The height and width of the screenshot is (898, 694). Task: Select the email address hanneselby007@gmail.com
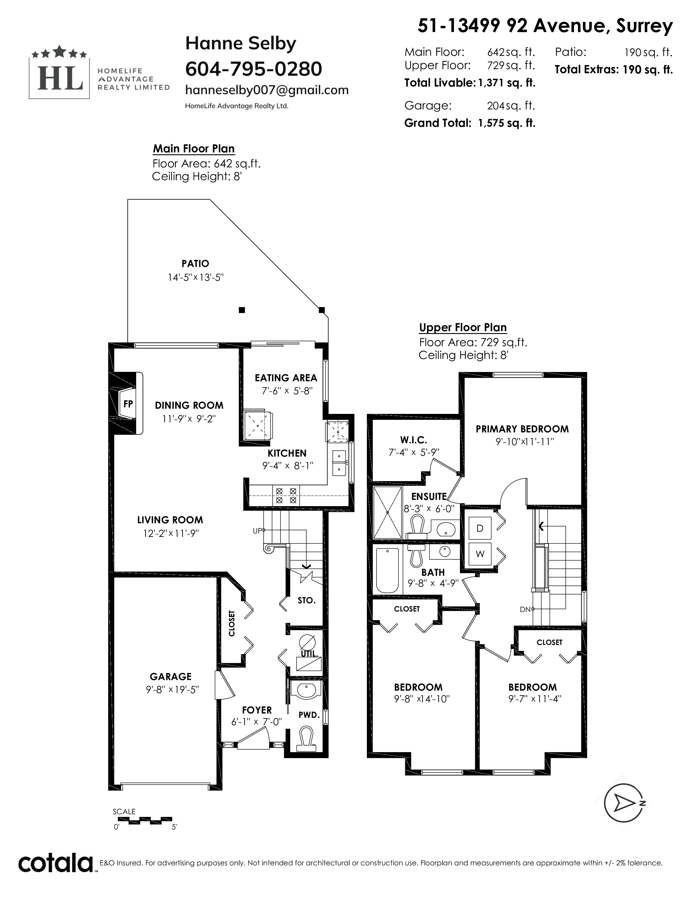pos(267,90)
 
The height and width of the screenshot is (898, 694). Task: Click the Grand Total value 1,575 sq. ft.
pos(506,123)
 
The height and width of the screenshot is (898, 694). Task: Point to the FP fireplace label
pos(128,404)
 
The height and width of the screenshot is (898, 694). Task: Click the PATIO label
pos(195,264)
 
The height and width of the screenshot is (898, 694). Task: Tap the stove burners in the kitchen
pos(286,496)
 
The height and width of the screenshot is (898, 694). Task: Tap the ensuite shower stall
pos(387,512)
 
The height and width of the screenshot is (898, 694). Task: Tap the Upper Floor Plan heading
pos(463,327)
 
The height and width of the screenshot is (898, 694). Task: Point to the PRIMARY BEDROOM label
pos(522,429)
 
